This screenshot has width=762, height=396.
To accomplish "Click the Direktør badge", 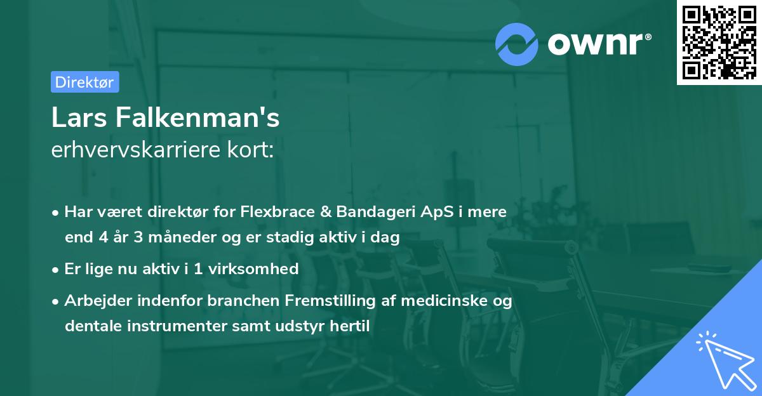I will click(x=84, y=82).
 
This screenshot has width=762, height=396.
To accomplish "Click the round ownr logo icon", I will click(x=517, y=44).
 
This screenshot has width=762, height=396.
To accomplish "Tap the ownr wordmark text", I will click(x=599, y=43).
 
